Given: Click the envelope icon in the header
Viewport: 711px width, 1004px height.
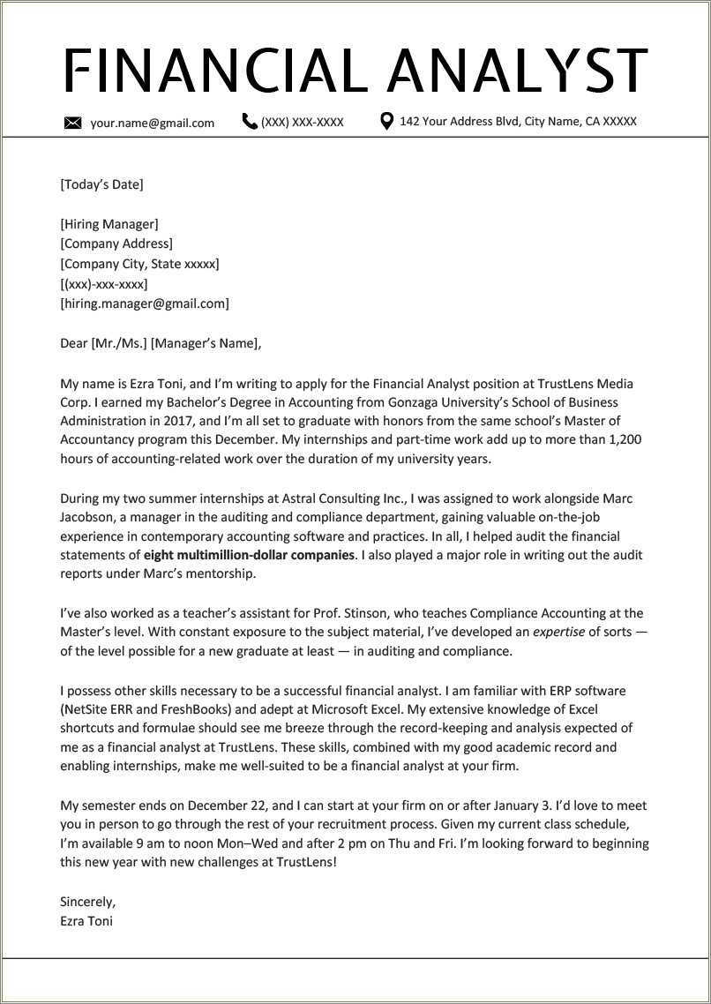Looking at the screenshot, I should click(73, 123).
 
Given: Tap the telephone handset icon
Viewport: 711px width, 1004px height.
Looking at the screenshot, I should click(250, 122).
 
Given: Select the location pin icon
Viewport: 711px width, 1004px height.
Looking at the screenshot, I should click(386, 121).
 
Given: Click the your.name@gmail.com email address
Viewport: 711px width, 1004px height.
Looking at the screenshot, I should click(152, 123).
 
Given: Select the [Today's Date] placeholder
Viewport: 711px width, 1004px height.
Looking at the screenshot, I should click(101, 184).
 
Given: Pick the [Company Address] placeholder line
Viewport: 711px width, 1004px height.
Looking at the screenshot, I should click(116, 244).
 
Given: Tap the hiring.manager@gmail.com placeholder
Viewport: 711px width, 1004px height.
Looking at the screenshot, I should click(145, 303).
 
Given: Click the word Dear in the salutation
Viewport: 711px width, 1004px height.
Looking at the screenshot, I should click(73, 343).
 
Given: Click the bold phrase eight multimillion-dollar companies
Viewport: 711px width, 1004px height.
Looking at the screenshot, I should click(249, 555).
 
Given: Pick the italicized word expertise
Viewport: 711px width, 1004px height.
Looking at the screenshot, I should click(559, 632).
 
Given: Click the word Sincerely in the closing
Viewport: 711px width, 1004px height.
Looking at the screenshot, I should click(87, 902).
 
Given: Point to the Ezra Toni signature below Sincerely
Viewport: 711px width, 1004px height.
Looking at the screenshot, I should click(86, 921).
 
